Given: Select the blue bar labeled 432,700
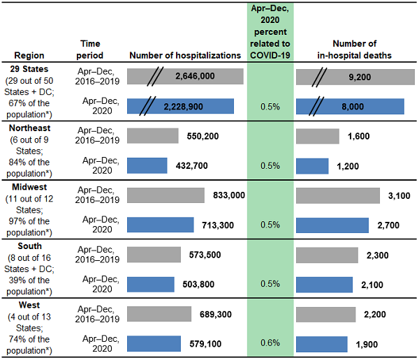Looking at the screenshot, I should click(147, 165).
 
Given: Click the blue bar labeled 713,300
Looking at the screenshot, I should click(161, 225).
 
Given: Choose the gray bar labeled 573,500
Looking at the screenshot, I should click(154, 255).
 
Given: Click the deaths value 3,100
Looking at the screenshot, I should click(397, 195).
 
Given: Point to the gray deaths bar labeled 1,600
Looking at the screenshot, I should click(318, 136).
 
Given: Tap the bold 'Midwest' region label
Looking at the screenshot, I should click(25, 187).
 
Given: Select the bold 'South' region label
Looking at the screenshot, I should click(21, 246).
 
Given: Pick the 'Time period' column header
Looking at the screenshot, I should click(91, 49).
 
